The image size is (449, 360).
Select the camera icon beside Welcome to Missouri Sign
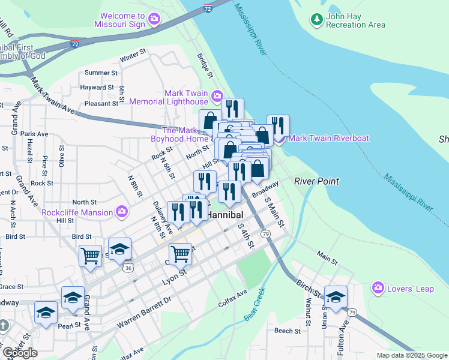tap(154, 20)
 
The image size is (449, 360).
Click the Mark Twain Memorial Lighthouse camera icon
tap(216, 96)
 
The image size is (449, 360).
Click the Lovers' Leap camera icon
tap(378, 289)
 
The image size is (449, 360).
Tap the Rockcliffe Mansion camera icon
tap(122, 212)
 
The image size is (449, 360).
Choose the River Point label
tap(316, 181)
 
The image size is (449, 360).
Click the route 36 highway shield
tap(128, 268)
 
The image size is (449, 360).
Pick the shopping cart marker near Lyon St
tap(180, 254)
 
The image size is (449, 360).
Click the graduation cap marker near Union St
tap(336, 296)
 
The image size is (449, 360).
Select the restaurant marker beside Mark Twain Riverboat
tap(278, 126)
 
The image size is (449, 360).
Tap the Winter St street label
tap(133, 58)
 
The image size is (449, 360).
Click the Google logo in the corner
tap(20, 353)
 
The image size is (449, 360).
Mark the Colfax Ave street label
tap(233, 298)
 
